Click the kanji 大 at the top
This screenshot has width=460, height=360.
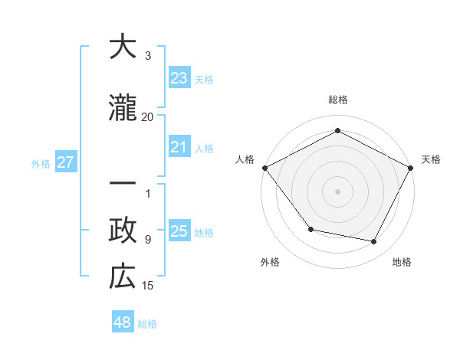123,47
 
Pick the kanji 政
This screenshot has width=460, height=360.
123,231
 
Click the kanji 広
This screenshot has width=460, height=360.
123,277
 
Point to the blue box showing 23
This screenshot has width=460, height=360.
179,78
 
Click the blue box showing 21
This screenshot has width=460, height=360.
179,147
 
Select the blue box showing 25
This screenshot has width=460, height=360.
179,231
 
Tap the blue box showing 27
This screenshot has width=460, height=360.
65,162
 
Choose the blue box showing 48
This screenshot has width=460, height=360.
123,322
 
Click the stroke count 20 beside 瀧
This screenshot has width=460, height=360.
148,117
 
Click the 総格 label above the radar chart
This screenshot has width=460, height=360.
338,100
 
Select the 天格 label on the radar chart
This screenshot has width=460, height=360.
431,159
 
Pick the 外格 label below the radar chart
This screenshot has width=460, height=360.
270,263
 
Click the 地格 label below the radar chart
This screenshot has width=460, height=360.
402,263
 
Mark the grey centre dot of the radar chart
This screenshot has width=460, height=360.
337,191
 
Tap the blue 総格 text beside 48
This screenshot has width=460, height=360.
147,324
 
